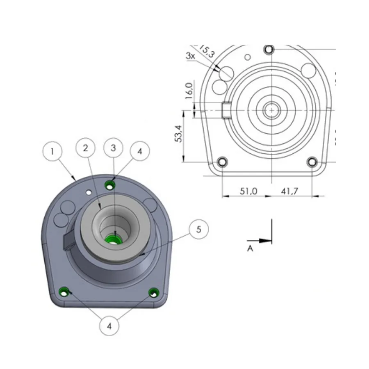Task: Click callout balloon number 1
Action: [52, 151]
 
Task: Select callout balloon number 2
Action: [86, 148]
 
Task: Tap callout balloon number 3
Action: [114, 148]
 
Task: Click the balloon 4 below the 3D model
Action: [109, 326]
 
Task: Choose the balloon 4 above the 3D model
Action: [139, 151]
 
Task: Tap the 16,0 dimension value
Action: [189, 91]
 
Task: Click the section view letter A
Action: [250, 248]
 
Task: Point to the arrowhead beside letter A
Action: [266, 241]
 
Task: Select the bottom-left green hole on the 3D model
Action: [63, 292]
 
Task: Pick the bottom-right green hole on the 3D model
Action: [154, 292]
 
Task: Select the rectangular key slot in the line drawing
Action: [226, 110]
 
